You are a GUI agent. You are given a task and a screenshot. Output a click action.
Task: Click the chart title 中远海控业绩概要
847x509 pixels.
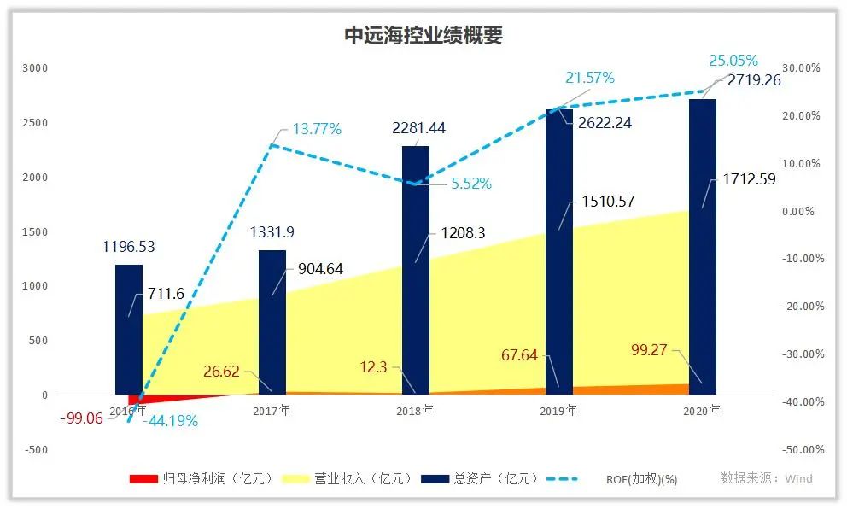tap(423, 35)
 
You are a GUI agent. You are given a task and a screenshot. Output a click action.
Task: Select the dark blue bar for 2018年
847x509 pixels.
tap(416, 273)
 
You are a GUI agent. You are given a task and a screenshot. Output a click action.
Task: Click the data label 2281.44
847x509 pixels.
tap(418, 129)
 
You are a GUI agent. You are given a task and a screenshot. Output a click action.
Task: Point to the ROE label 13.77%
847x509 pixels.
tap(317, 130)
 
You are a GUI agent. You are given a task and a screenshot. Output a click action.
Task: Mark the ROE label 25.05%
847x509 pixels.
tap(733, 61)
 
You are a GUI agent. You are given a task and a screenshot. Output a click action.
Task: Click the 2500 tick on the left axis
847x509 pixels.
tap(34, 123)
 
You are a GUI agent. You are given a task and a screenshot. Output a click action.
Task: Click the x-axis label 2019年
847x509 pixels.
tap(558, 411)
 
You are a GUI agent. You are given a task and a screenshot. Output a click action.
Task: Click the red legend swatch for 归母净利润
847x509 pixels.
tap(143, 479)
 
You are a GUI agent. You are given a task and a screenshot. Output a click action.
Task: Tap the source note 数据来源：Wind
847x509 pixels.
tap(767, 478)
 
